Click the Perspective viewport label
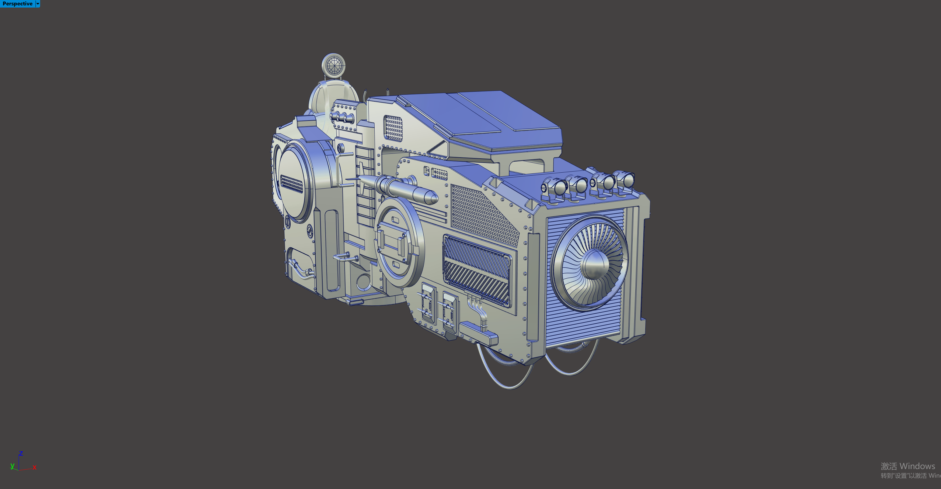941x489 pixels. pyautogui.click(x=17, y=4)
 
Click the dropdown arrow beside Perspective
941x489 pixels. pyautogui.click(x=38, y=4)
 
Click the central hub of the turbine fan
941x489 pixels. pyautogui.click(x=595, y=264)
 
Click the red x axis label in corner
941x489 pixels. pyautogui.click(x=35, y=467)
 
